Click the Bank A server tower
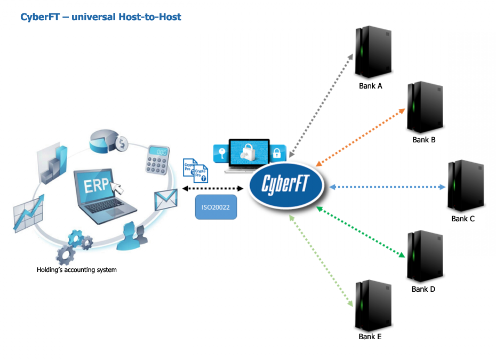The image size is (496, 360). (x=373, y=52)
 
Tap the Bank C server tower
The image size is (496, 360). (x=465, y=186)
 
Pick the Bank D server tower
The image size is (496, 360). (x=425, y=256)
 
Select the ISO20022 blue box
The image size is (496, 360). (x=215, y=207)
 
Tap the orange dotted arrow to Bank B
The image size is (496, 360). (x=361, y=135)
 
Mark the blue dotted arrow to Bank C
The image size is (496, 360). (x=387, y=187)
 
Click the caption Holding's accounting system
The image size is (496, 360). (x=76, y=270)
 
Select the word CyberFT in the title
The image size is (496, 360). (x=41, y=17)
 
